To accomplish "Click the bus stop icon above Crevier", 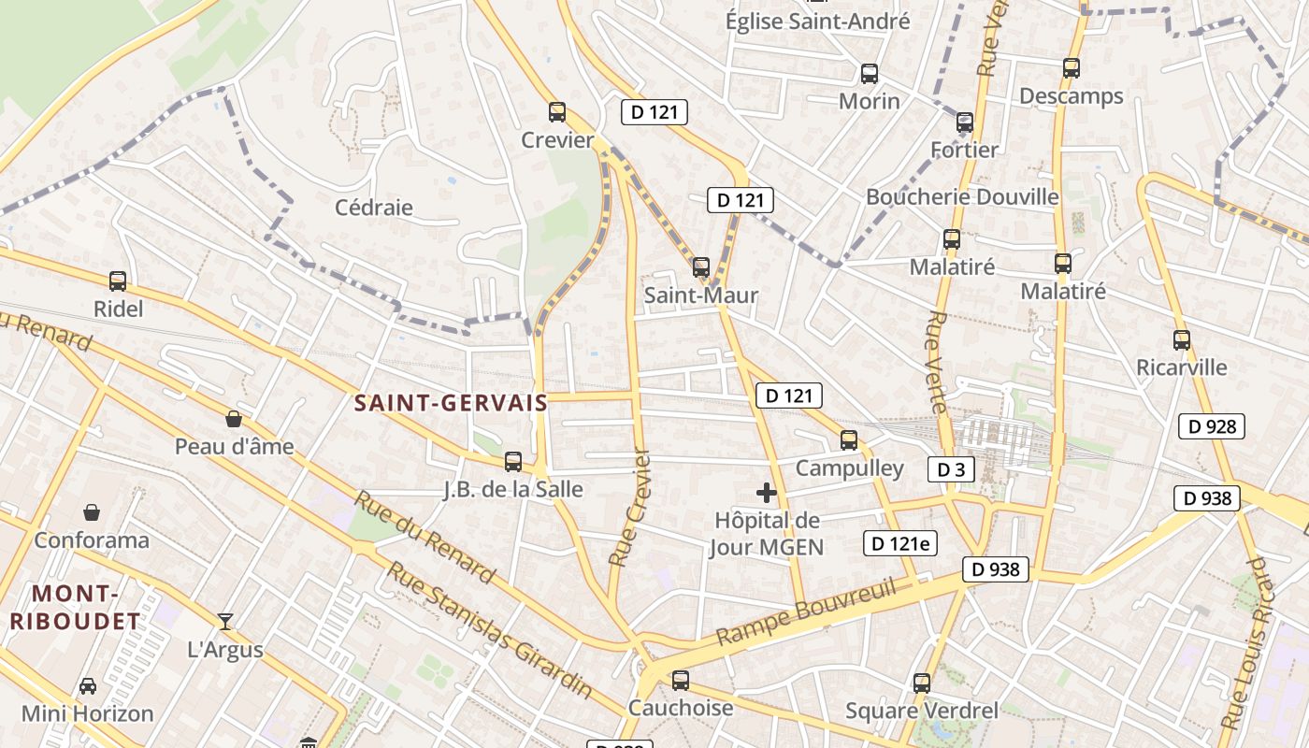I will [557, 112].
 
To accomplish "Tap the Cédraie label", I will [374, 208].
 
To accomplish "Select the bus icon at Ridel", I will [118, 280].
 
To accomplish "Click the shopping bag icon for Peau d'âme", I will [234, 419].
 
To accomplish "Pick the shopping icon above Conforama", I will [92, 512].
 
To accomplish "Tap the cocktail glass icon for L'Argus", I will [225, 621].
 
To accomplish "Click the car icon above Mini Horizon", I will [87, 686].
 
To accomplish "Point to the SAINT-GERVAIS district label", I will [452, 404].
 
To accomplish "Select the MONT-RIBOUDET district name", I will [75, 607].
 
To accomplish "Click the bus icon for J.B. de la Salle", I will [512, 461].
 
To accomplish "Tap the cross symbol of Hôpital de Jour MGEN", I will [767, 493].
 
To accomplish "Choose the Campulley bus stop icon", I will [849, 440].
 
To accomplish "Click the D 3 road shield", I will [951, 469].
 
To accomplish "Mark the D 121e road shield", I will [899, 543].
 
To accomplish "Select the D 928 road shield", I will [1212, 426].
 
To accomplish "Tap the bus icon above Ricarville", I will [1182, 340].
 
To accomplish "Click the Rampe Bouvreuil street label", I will [806, 613].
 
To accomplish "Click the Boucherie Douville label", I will [962, 197].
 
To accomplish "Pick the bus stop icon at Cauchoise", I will [681, 681].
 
